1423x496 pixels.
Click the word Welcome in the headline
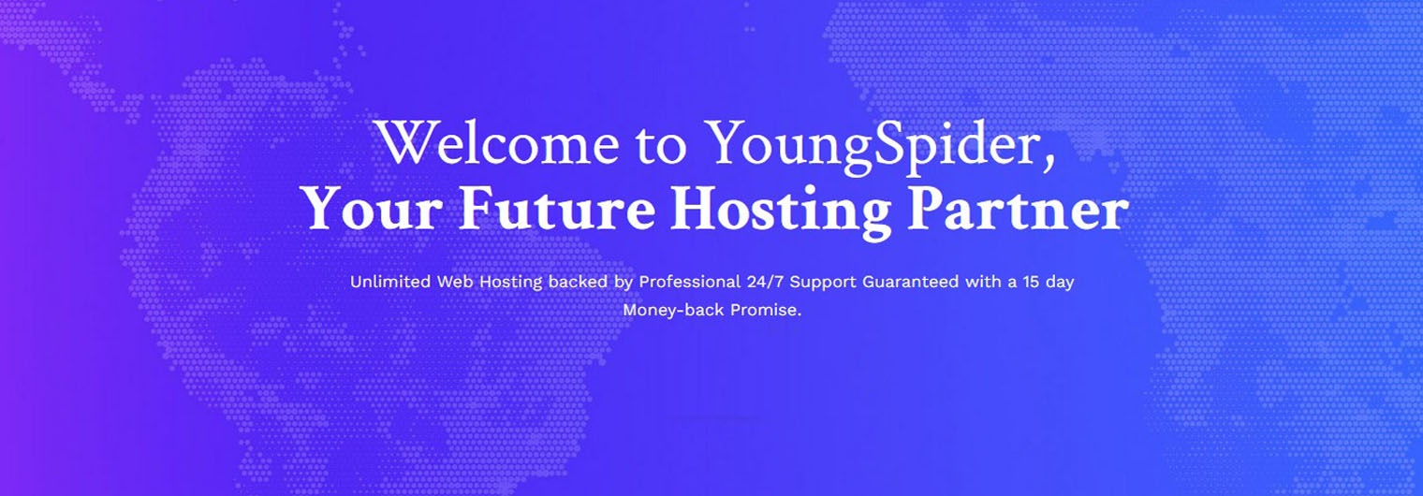[497, 142]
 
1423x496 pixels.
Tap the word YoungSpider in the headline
[872, 147]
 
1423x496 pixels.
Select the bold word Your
[372, 209]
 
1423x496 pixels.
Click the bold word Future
[556, 209]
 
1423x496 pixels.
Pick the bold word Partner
[1019, 209]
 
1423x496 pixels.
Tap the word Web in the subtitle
[455, 282]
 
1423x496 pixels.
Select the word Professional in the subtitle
[690, 282]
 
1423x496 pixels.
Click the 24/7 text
[765, 282]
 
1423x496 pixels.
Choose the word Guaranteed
[910, 282]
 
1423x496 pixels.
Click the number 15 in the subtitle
[1031, 282]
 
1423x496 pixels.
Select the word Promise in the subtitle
[763, 310]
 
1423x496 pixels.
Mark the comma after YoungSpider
[1049, 165]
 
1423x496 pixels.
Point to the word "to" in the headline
[661, 145]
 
